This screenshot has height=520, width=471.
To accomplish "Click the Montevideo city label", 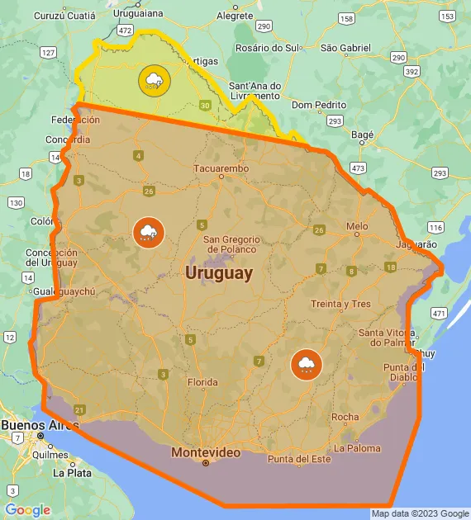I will pyautogui.click(x=206, y=452).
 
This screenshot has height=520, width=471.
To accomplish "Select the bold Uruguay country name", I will pyautogui.click(x=219, y=272).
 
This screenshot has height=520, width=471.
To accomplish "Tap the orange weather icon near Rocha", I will pyautogui.click(x=306, y=364).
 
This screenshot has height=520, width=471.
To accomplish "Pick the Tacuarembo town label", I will pyautogui.click(x=220, y=169).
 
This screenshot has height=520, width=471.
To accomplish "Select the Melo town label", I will pyautogui.click(x=357, y=226).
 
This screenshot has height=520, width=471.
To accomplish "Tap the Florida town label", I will pyautogui.click(x=202, y=382).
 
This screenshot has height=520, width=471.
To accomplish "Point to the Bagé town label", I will pyautogui.click(x=362, y=134).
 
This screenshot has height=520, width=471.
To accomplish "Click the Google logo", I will pyautogui.click(x=27, y=510).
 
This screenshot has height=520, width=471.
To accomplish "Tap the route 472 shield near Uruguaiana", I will pyautogui.click(x=126, y=30).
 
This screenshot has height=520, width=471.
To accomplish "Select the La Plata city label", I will pyautogui.click(x=71, y=474).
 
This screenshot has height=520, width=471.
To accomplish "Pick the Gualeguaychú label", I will pyautogui.click(x=65, y=292).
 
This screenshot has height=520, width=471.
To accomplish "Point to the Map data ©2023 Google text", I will pyautogui.click(x=419, y=513).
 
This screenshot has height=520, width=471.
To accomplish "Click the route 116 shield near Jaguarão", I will pyautogui.click(x=435, y=227).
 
